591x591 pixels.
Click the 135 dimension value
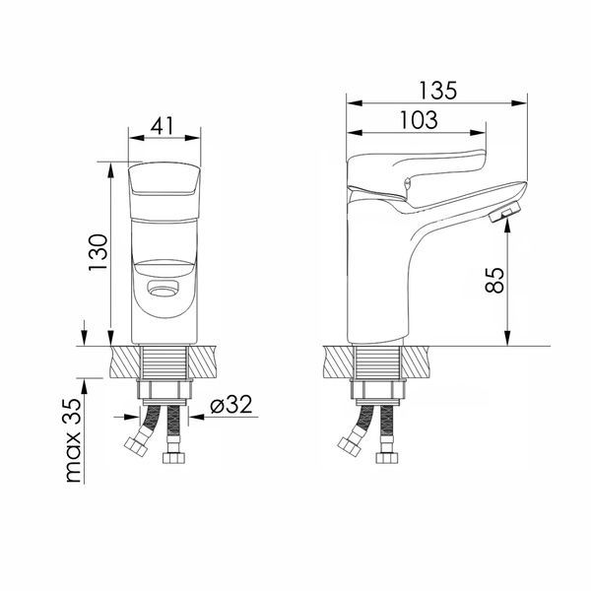point(437,91)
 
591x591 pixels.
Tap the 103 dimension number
point(419,120)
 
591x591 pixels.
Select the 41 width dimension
point(163,126)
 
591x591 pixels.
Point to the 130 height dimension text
point(98,252)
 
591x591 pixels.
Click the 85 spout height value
point(494,280)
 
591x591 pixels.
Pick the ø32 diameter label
point(231,404)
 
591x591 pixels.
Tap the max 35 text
point(73,440)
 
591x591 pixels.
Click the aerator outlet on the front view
point(164,290)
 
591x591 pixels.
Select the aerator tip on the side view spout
point(504,212)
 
